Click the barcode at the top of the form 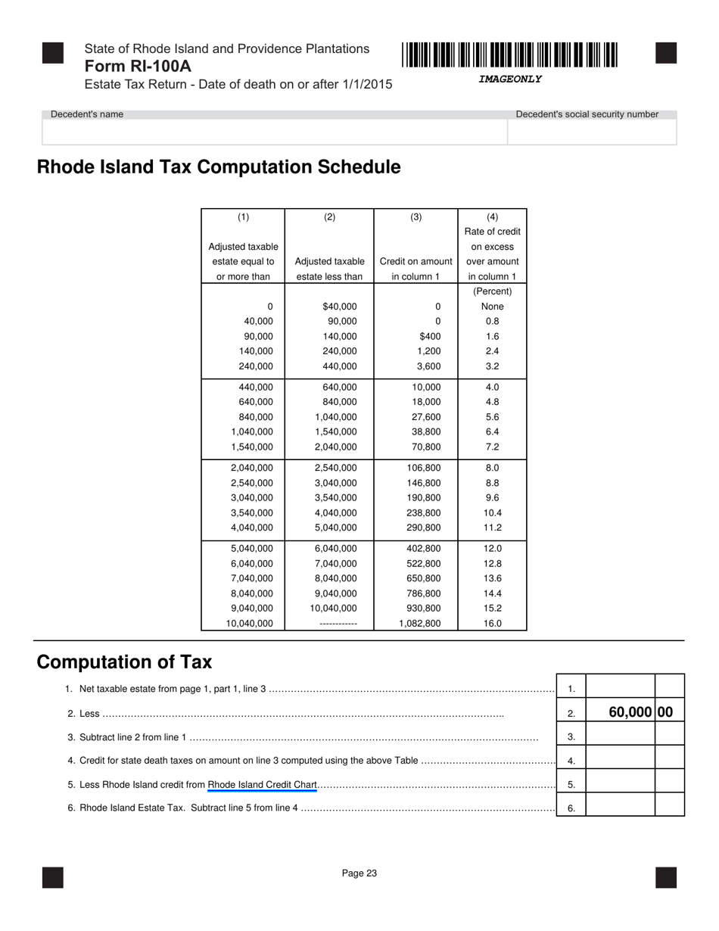pos(509,55)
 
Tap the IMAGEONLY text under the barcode pos(509,79)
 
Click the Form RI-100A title pos(138,67)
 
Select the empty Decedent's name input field pos(274,132)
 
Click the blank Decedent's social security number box pos(592,132)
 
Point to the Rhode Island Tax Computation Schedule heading pos(219,167)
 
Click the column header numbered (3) pos(416,217)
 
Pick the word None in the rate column pos(492,307)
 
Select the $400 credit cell pos(429,336)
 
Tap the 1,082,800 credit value pos(419,624)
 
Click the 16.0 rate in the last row pos(492,624)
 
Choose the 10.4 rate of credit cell pos(492,513)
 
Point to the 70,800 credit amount pos(424,447)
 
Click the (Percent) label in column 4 pos(492,291)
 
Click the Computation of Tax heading pos(124,662)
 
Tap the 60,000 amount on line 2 pos(631,712)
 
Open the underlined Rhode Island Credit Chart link pos(262,785)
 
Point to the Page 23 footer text pos(359,873)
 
